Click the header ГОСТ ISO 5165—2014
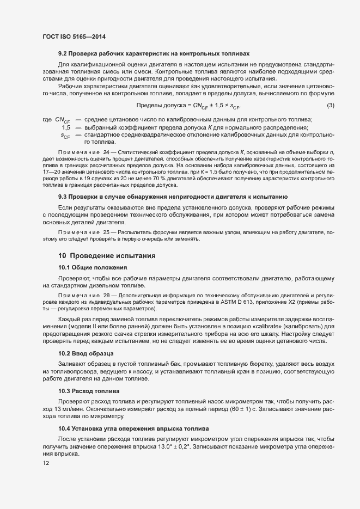point(74,36)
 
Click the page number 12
point(45,463)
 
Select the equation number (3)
point(330,105)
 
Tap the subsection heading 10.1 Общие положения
point(93,267)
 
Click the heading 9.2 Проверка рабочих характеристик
point(154,54)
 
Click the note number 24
point(107,151)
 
